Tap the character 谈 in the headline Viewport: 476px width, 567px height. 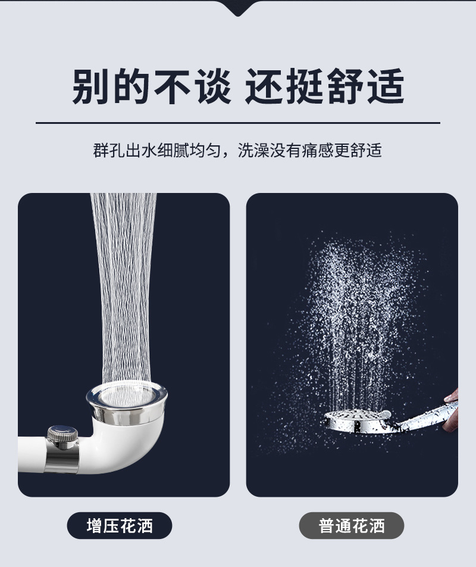tap(212, 86)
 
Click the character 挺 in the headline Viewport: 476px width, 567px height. tap(305, 86)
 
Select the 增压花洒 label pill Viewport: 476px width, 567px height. tap(120, 525)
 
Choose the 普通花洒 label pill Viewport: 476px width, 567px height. tap(352, 525)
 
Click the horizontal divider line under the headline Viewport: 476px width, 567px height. tap(237, 123)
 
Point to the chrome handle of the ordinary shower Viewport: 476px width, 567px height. tap(424, 415)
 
